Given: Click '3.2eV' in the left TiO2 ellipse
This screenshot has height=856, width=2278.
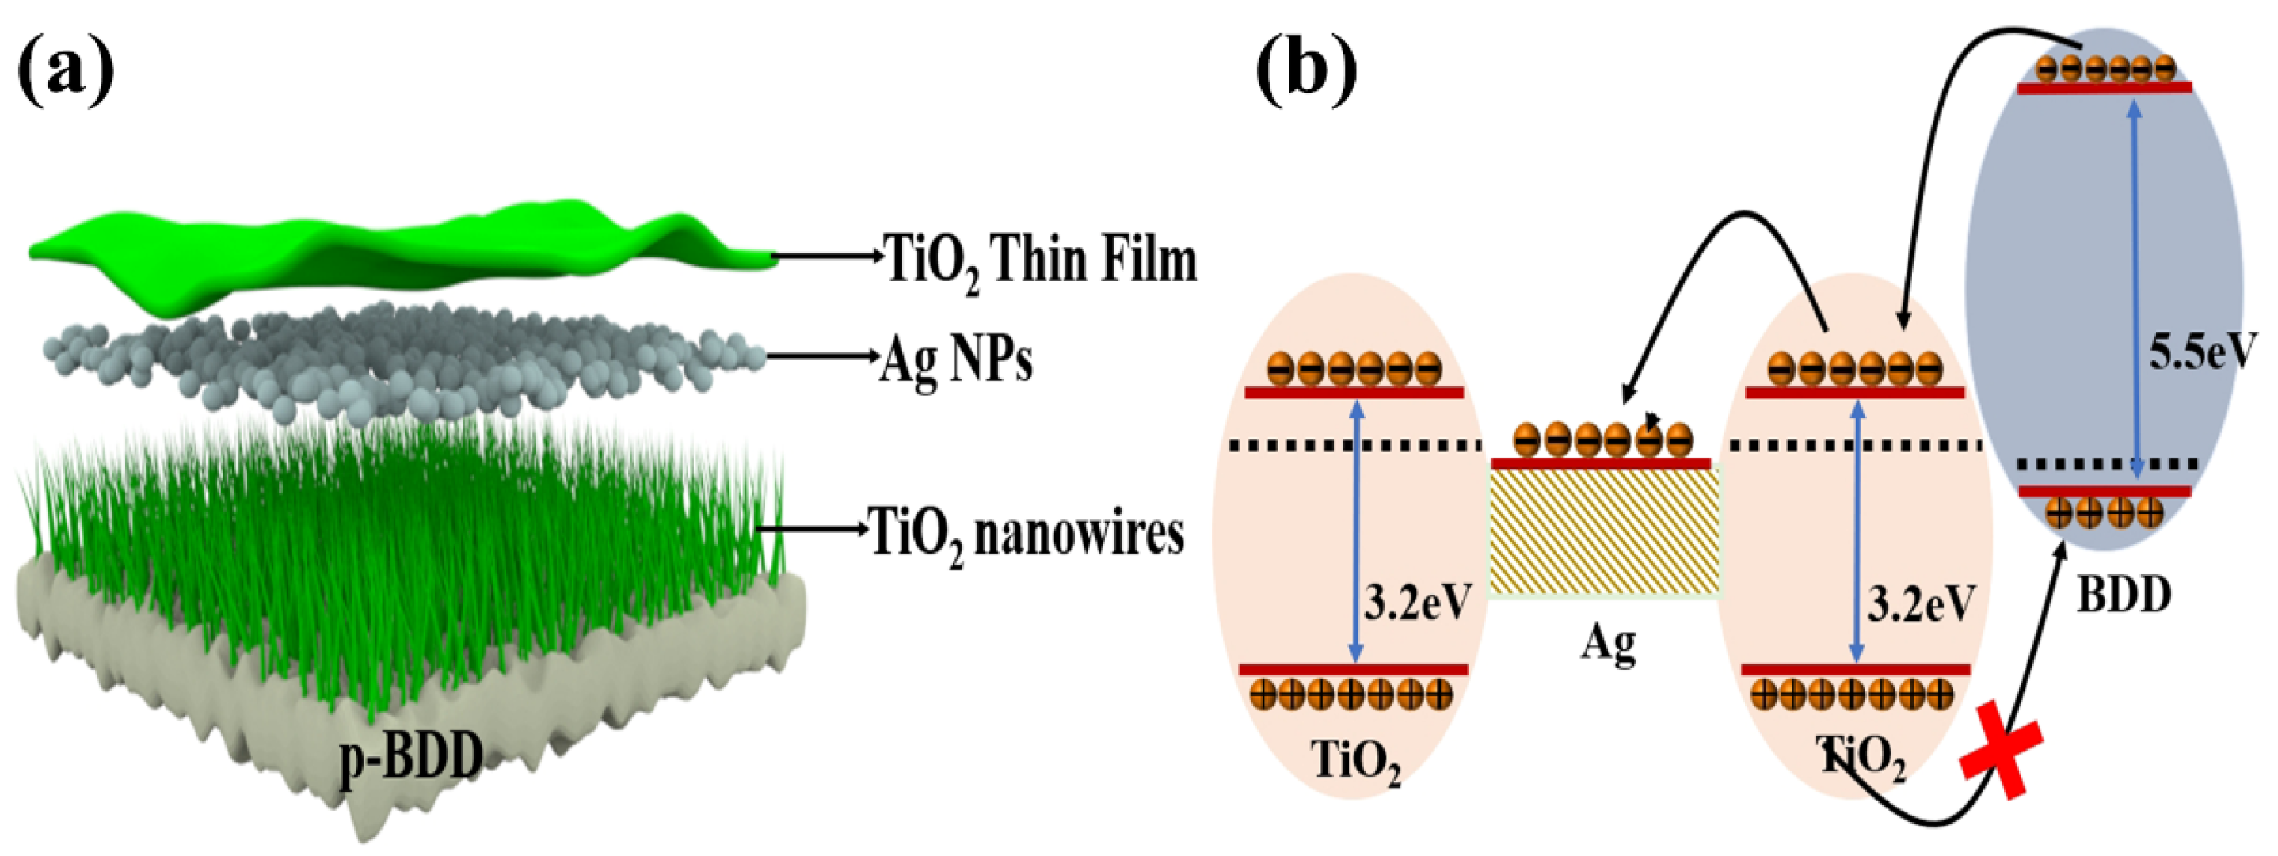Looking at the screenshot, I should point(1418,604).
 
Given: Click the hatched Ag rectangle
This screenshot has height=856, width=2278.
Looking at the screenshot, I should point(1605,531).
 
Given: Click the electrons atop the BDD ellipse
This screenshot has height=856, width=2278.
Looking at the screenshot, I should point(2103,67).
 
